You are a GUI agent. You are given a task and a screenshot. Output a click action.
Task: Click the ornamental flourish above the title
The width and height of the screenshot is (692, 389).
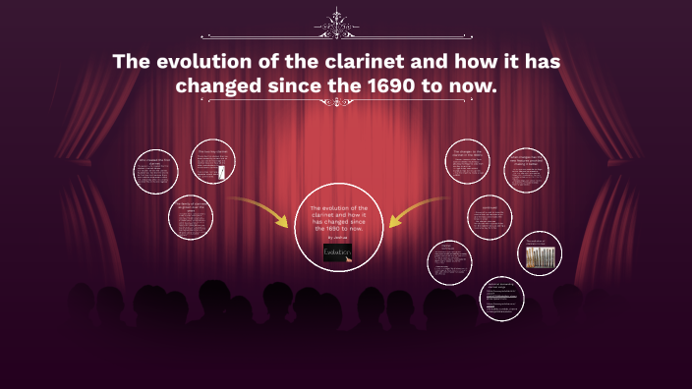tap(346, 21)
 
